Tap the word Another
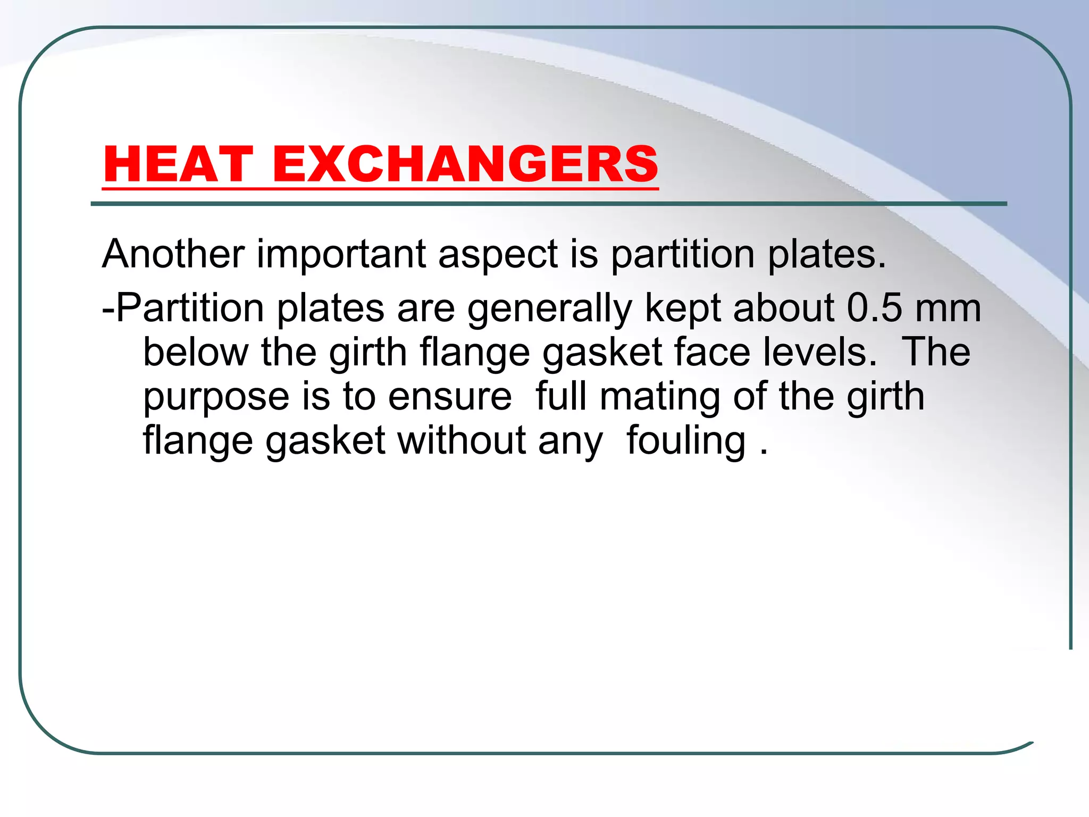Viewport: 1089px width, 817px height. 173,254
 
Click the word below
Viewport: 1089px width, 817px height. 195,352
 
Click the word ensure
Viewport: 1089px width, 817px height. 450,397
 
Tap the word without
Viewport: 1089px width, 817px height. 461,441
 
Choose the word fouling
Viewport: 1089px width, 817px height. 686,441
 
